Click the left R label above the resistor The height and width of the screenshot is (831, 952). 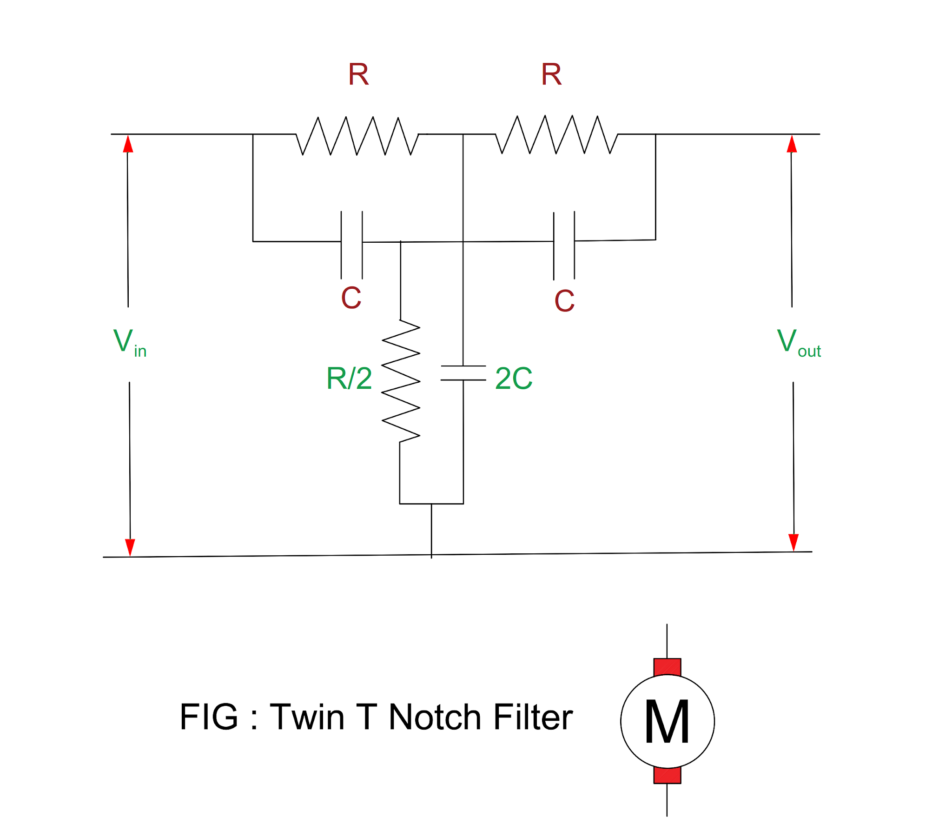358,74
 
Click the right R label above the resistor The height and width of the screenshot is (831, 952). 551,74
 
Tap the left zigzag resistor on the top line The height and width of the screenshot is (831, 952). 357,135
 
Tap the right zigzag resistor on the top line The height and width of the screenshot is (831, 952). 556,134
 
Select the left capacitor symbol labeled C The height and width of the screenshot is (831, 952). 351,245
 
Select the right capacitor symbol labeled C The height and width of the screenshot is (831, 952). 564,245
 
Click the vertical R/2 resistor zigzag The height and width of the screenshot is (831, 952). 401,381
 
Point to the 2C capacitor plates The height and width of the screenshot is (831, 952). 463,373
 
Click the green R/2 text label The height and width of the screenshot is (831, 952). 349,378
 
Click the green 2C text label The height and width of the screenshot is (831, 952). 513,378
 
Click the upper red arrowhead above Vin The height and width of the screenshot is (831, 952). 128,144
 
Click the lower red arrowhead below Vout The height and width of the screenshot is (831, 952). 793,542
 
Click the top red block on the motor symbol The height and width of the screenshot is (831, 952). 667,666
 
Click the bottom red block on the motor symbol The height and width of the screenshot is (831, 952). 667,775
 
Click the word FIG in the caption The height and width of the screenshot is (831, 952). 209,717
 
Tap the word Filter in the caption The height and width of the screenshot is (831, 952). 532,717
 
